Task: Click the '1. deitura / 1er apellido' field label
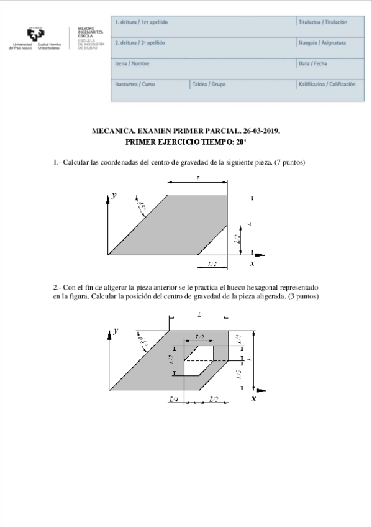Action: coord(142,22)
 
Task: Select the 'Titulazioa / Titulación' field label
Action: coord(322,22)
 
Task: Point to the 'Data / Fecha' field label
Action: coord(312,63)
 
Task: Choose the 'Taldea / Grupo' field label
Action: coord(209,84)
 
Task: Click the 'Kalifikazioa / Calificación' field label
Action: coord(327,84)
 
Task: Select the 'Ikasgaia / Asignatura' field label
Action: coord(322,43)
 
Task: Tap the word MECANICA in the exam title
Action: coord(113,131)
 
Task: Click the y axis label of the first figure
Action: coord(114,195)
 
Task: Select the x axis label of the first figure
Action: coord(252,263)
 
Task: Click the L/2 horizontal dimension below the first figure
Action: coord(212,263)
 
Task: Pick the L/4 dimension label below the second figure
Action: coord(175,398)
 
